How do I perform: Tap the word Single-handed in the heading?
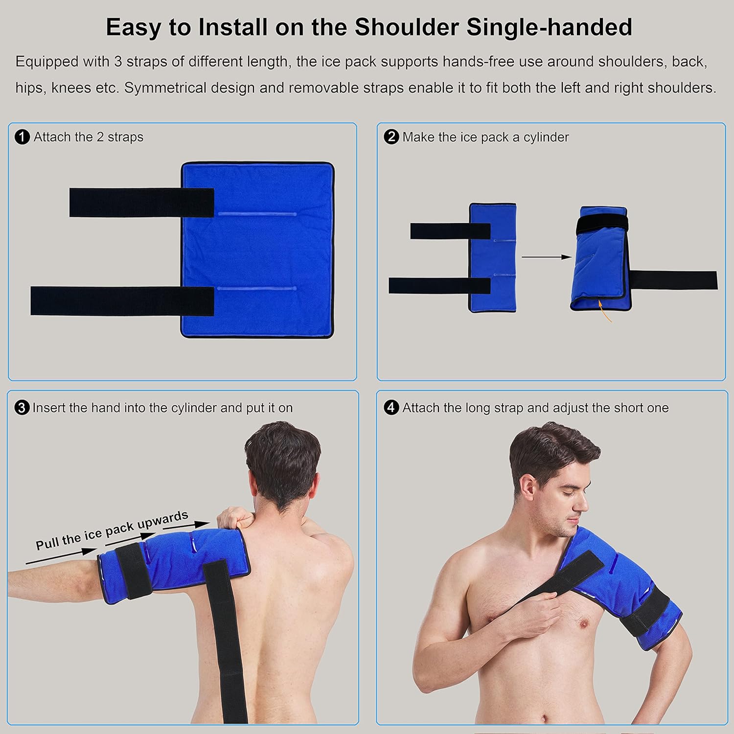coord(549,27)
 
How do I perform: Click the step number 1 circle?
coord(23,137)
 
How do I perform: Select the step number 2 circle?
coord(391,137)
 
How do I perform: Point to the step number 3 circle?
coord(22,408)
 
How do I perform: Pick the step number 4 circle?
coord(391,408)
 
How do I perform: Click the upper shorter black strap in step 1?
coord(141,202)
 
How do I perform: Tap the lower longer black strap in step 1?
coord(122,301)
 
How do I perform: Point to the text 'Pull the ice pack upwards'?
coord(112,530)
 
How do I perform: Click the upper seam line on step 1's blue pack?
coord(256,214)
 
